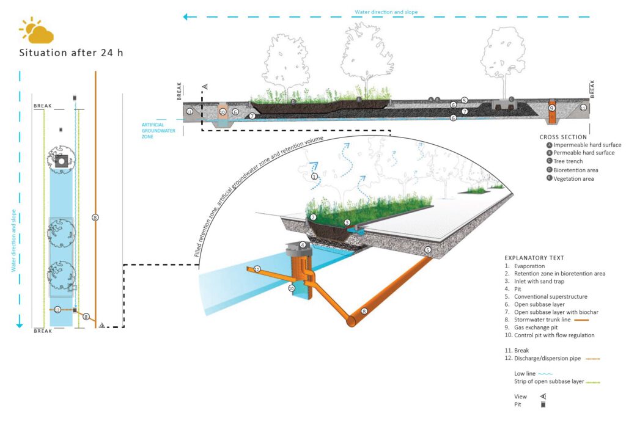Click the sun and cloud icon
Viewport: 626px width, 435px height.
point(36,31)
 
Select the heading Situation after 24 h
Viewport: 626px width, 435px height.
point(71,53)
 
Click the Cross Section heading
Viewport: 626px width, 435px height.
point(563,137)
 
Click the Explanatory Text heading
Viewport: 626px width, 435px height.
point(534,258)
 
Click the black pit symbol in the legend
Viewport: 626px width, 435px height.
point(543,404)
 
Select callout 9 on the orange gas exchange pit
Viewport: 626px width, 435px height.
point(551,108)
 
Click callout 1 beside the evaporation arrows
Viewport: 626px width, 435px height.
point(315,177)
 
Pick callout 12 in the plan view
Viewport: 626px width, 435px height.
point(57,310)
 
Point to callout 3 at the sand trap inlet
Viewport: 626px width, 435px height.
point(347,222)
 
